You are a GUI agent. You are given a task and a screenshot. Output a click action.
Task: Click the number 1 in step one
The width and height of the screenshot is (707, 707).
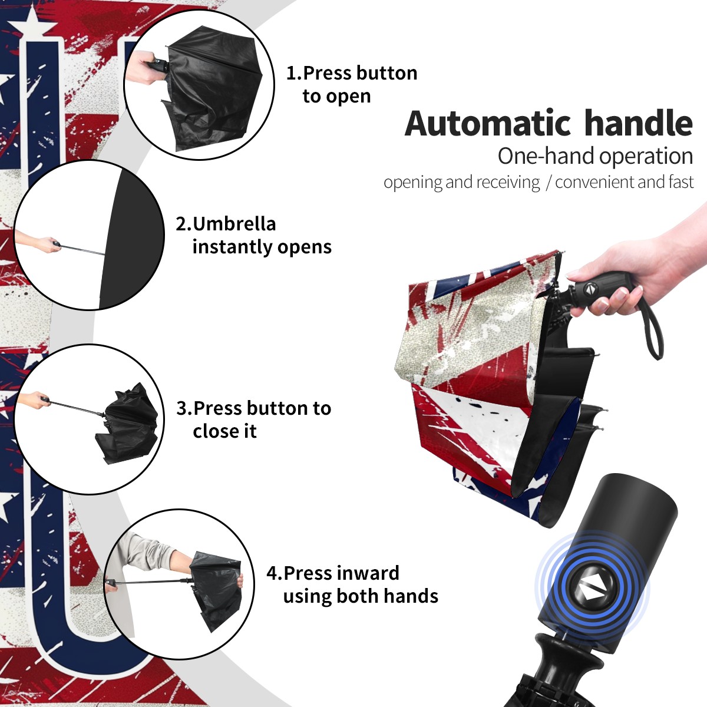pos(290,73)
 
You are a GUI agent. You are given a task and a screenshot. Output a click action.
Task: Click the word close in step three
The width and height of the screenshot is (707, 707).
pos(213,431)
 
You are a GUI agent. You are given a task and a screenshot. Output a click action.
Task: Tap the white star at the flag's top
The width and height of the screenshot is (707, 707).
pos(32,21)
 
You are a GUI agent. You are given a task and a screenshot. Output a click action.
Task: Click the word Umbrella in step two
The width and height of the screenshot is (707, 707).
pos(234,224)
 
